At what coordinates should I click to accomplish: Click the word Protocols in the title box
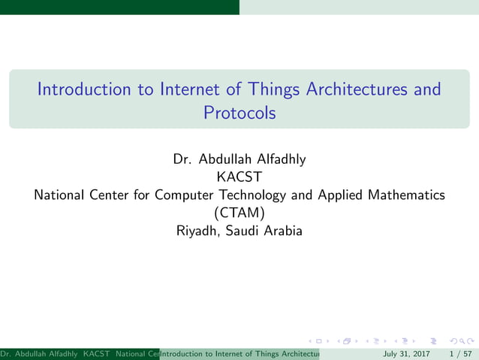(239, 113)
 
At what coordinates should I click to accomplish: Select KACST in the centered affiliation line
(239, 177)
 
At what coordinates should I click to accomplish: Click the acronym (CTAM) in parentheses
(239, 213)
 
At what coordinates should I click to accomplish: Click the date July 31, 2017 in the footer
(406, 353)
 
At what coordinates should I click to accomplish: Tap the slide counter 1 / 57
(459, 353)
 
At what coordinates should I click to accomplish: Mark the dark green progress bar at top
(119, 7)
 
